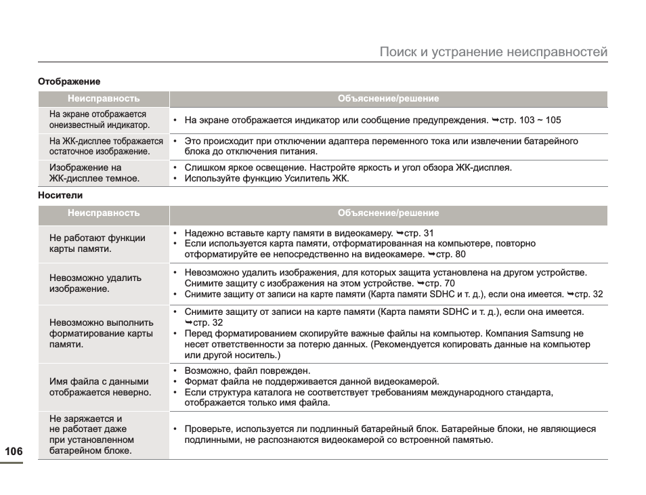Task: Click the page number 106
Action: (14, 452)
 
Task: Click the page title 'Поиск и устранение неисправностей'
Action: (493, 52)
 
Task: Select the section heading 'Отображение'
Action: (68, 81)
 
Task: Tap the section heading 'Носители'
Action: (60, 196)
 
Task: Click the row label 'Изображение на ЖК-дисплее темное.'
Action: (95, 173)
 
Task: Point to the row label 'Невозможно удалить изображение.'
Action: (95, 283)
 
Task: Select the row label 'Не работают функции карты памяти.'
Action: (98, 243)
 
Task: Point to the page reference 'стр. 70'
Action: (439, 283)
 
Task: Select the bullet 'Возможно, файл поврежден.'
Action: (247, 370)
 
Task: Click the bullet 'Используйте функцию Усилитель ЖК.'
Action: (266, 179)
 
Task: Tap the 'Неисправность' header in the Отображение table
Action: (104, 99)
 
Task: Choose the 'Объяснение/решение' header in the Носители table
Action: (388, 213)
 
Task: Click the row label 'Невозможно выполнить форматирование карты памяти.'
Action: (102, 333)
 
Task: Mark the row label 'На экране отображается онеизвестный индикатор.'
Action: (99, 120)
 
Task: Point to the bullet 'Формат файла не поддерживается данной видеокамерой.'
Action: (311, 381)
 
